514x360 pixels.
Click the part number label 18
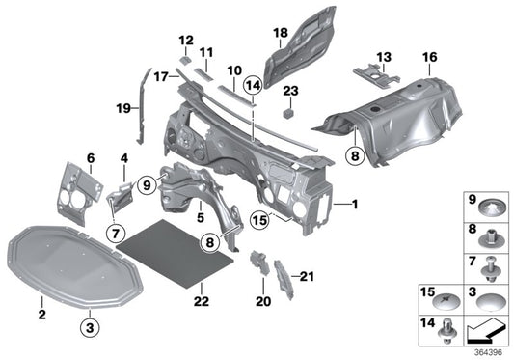280,34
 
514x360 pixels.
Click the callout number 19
122,109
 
